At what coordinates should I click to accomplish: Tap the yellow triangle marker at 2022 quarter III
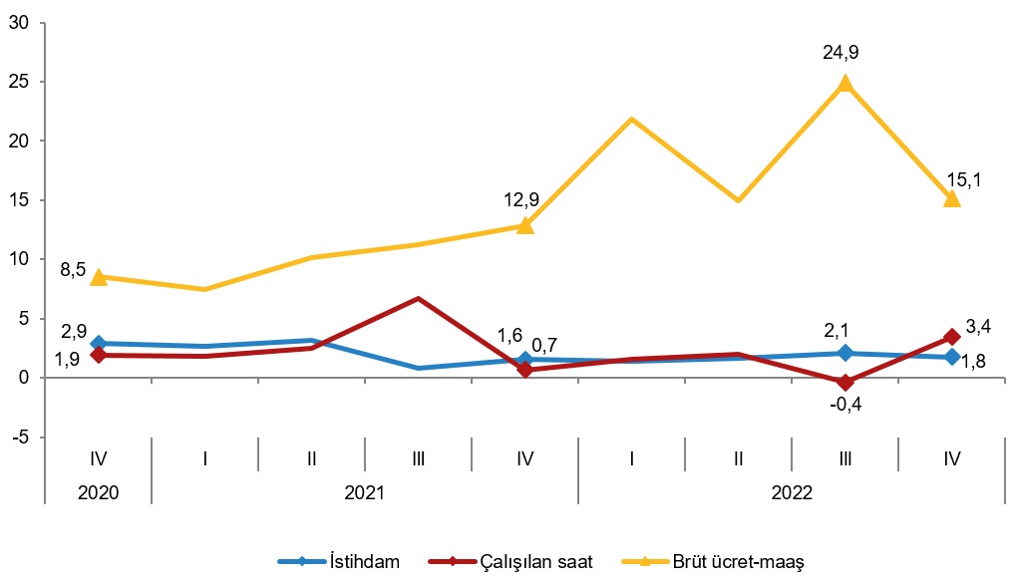846,84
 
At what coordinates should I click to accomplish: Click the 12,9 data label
521,200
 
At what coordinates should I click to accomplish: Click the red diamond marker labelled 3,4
952,338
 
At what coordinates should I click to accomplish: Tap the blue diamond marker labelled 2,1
846,353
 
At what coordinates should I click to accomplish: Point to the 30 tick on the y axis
18,22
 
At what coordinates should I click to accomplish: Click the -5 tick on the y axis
20,437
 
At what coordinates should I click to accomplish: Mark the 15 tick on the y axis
18,200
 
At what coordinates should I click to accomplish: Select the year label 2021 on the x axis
365,491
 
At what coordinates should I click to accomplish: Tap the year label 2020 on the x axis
98,491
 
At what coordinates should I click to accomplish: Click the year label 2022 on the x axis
793,491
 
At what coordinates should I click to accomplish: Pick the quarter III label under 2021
419,458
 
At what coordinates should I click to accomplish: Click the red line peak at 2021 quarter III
419,298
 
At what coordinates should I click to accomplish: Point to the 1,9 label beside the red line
67,360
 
